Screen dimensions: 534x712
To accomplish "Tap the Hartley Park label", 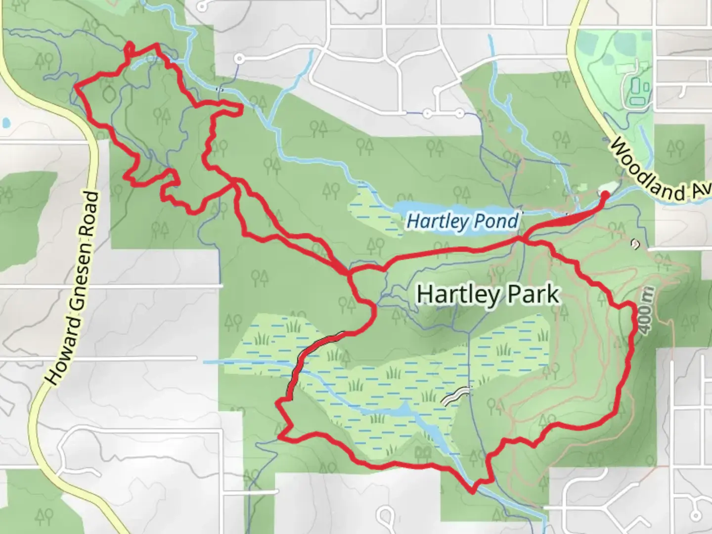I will click(x=488, y=295).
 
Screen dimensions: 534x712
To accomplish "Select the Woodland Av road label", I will click(x=660, y=171).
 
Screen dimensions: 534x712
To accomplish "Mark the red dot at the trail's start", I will click(x=604, y=195).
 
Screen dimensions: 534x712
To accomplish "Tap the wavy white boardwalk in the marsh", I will click(x=456, y=396).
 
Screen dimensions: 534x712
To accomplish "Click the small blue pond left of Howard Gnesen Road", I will click(x=5, y=122).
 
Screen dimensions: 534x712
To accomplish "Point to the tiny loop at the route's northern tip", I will click(x=129, y=48).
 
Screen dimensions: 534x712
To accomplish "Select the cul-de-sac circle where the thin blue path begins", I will click(x=240, y=59).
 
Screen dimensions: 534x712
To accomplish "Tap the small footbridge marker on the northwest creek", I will click(x=221, y=89).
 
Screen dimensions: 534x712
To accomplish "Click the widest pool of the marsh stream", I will click(x=403, y=410).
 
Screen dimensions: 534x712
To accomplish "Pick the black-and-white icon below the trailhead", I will click(x=635, y=243).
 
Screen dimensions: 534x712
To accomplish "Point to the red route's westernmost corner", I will click(x=75, y=88).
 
